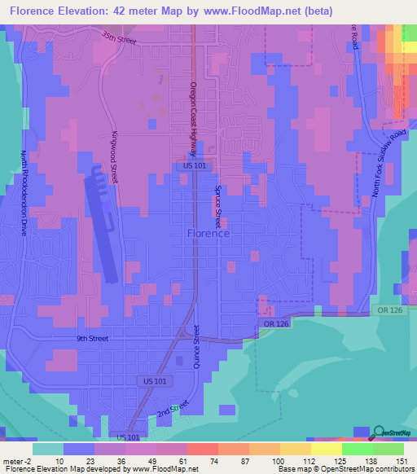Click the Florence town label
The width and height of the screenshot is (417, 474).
208,233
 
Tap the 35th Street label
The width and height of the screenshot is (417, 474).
119,37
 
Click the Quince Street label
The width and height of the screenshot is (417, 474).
196,349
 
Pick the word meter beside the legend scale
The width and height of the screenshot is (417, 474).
13,460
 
